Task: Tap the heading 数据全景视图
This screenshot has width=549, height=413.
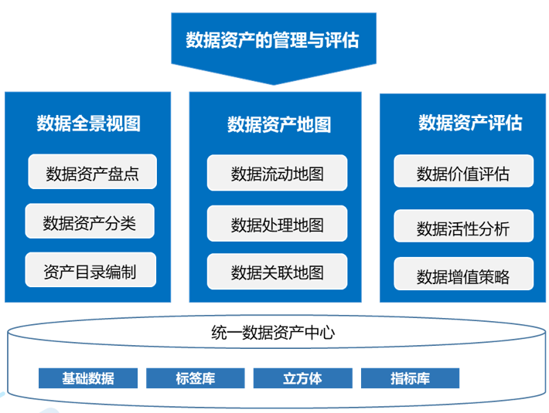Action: (x=88, y=123)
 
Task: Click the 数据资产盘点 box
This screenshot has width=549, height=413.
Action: (x=92, y=172)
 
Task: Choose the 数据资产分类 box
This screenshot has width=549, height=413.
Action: (x=90, y=222)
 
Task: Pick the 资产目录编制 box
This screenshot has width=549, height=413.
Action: (x=90, y=271)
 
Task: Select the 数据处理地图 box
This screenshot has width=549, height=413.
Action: (x=277, y=224)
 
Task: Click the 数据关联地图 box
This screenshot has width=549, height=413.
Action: (x=277, y=272)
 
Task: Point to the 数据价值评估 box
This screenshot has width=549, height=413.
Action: (x=463, y=172)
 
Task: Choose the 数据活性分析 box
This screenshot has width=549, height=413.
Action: (x=463, y=228)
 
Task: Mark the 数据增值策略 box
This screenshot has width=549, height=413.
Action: (x=463, y=276)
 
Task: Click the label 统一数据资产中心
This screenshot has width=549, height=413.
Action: (x=273, y=333)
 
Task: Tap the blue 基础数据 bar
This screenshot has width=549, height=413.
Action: (x=88, y=378)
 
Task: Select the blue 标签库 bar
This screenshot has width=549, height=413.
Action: (x=196, y=378)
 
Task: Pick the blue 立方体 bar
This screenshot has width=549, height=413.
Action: (x=302, y=378)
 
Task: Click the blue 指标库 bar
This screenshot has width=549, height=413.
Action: (x=410, y=378)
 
